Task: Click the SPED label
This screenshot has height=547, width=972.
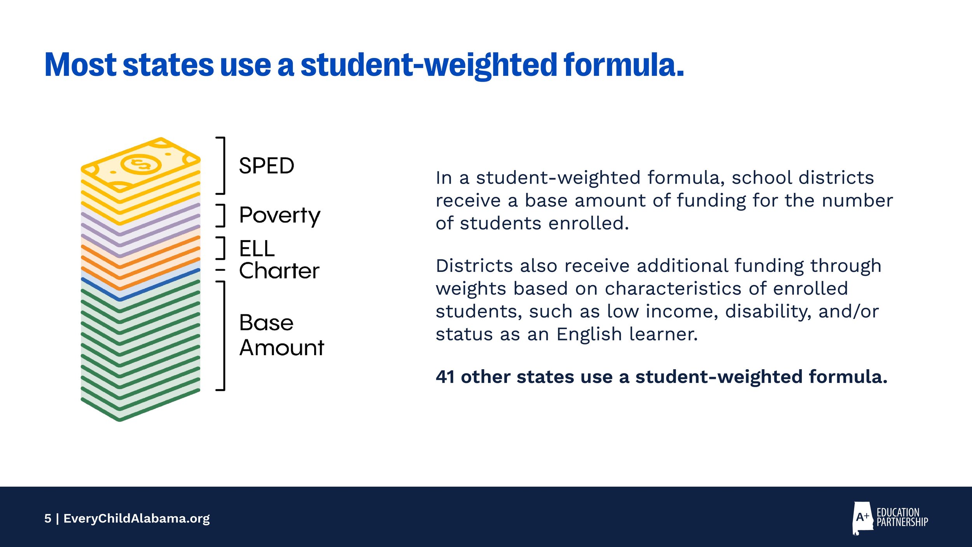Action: [266, 166]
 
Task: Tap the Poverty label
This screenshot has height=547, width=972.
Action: [280, 216]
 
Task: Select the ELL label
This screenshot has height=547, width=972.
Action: [257, 249]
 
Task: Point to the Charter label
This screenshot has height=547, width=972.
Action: [279, 271]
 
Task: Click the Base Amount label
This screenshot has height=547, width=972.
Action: [281, 335]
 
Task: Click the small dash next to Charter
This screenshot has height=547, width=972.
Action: [220, 270]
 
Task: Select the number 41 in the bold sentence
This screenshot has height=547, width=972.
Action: [445, 377]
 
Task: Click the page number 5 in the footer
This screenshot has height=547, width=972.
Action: [48, 519]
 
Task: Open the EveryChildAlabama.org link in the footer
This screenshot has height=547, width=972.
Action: [136, 519]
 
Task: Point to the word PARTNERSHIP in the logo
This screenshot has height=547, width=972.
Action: [902, 522]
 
